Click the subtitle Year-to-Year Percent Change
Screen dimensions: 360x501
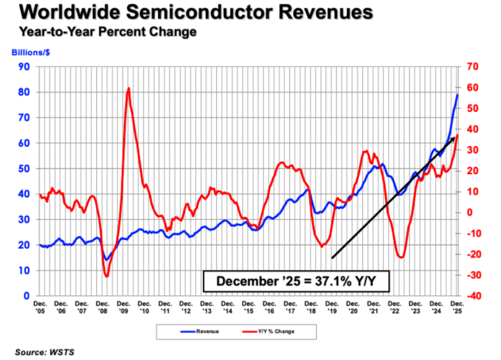pos(107,32)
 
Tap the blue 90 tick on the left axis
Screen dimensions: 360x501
pos(23,67)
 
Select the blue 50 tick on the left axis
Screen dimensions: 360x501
pos(23,169)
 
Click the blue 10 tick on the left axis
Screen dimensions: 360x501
pos(23,270)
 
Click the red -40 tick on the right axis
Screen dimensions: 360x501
pos(474,296)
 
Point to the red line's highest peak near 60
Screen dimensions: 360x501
pos(128,88)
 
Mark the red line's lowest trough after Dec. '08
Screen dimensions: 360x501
pos(106,276)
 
